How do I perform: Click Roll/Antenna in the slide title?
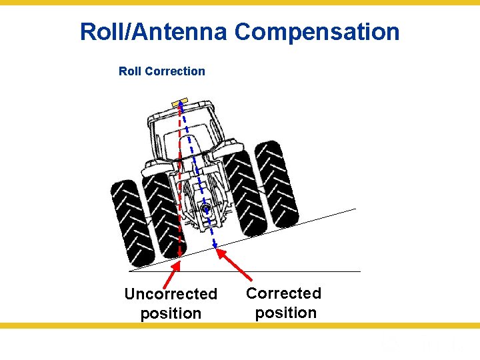[154, 31]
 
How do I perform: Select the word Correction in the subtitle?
[178, 71]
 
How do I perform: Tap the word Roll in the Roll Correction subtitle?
[130, 71]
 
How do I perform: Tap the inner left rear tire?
[161, 213]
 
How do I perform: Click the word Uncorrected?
[171, 294]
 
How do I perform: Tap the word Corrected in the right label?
[283, 293]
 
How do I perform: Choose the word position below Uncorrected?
[171, 313]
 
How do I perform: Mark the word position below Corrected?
[285, 313]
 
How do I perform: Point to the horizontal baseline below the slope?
[300, 271]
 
